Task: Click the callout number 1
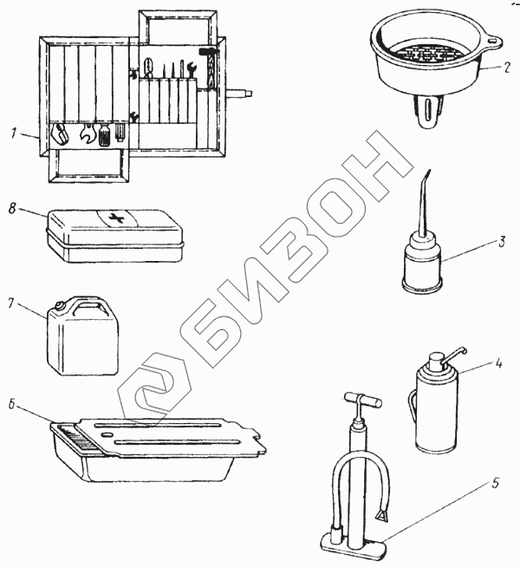(13, 134)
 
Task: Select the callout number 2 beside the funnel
(507, 68)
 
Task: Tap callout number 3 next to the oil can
(501, 242)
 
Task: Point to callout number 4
(498, 362)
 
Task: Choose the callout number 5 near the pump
(495, 482)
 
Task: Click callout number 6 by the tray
(12, 404)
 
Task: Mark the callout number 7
(11, 303)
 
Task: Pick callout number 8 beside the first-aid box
(12, 209)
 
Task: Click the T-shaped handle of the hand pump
(362, 400)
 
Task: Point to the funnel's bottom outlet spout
(428, 111)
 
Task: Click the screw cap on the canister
(60, 307)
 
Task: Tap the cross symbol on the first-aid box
(117, 218)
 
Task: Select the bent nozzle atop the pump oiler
(452, 355)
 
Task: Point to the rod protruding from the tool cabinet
(239, 94)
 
